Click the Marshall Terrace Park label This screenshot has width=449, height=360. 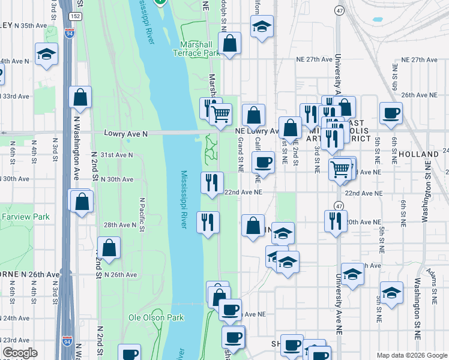(x=199, y=49)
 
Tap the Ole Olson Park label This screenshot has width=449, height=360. (x=156, y=317)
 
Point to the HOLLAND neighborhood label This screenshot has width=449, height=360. (x=418, y=154)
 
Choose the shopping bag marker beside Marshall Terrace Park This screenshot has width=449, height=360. (x=229, y=44)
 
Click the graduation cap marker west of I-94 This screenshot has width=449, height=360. (x=46, y=55)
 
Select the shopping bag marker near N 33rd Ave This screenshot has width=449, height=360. (x=80, y=98)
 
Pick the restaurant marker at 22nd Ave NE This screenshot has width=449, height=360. (x=211, y=182)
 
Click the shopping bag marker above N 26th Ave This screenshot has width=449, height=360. (x=109, y=248)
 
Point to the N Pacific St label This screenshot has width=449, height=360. (x=142, y=214)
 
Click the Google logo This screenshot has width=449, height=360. (x=20, y=353)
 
